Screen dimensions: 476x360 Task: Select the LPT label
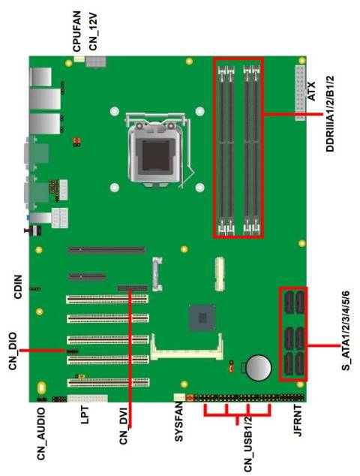pyautogui.click(x=87, y=420)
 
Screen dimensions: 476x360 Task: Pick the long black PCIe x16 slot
pyautogui.click(x=107, y=250)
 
